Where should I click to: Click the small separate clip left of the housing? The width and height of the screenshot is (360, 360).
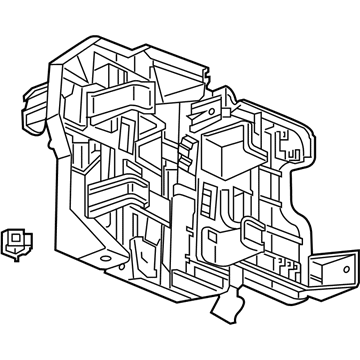[x=15, y=240]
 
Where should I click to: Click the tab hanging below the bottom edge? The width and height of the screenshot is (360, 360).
[x=237, y=300]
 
